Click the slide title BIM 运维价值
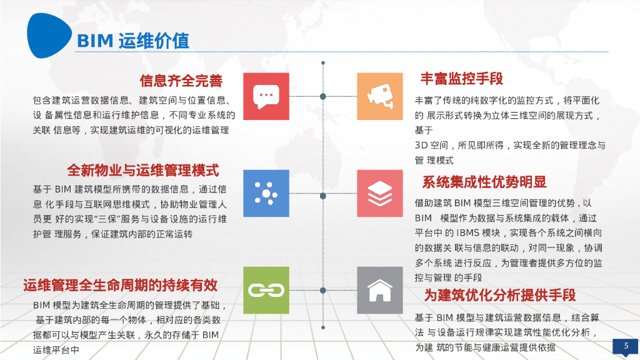132,41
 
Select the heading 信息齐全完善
181,81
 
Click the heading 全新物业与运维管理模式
142,170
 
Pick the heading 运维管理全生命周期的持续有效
121,286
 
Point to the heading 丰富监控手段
461,79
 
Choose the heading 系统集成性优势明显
484,182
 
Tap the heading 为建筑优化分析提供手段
500,295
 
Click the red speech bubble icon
266,96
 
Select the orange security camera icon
380,96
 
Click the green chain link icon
266,290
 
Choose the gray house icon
380,290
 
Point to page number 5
626,346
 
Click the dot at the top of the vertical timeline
323,62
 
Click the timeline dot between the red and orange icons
323,96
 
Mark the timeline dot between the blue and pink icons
323,196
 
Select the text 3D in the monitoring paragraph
421,145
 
